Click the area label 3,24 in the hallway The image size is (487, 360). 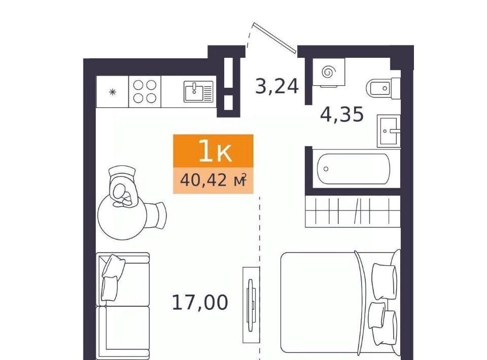(277, 86)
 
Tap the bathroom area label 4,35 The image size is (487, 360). (341, 114)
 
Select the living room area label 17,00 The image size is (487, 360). (200, 303)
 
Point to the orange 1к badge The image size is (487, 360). (214, 151)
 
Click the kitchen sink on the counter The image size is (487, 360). (198, 92)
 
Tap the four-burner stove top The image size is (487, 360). (145, 92)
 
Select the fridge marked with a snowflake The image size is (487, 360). (113, 92)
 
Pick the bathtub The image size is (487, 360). (354, 169)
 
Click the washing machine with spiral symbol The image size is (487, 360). (329, 72)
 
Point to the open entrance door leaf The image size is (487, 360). (274, 38)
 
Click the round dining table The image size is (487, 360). (122, 217)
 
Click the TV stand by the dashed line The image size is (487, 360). (251, 305)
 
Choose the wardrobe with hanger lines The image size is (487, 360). (353, 211)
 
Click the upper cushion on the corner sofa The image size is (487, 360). (113, 267)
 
